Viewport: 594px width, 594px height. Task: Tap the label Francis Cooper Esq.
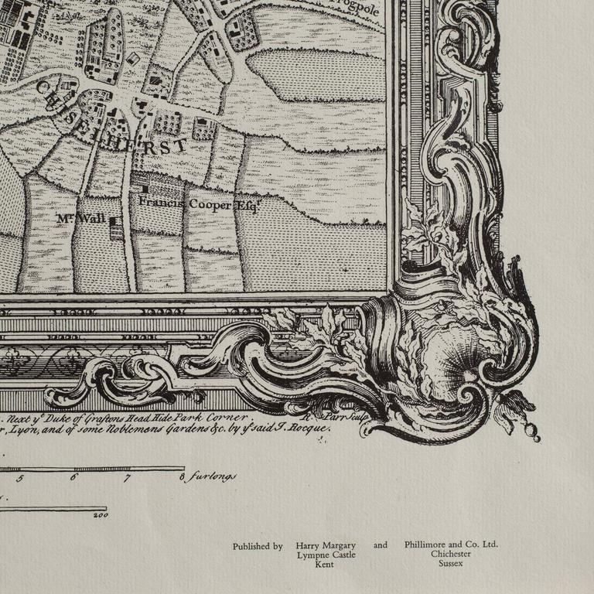199,203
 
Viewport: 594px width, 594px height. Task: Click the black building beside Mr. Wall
114,221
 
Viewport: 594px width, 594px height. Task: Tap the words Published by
258,546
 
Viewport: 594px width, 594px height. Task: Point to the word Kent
324,565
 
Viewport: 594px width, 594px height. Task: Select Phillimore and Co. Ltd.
451,544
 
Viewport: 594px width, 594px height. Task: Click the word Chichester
451,555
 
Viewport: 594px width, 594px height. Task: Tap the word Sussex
451,565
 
